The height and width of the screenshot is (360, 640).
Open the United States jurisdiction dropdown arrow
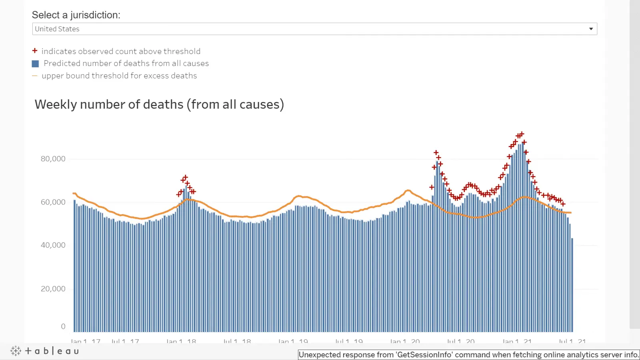tap(591, 29)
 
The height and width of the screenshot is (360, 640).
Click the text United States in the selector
tap(57, 29)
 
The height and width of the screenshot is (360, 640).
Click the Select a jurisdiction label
tap(76, 15)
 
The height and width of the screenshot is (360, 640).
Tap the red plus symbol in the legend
tap(35, 51)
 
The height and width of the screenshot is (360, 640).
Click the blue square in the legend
tap(35, 64)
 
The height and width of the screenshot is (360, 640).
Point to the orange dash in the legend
tap(35, 76)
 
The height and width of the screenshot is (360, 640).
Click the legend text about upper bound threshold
tap(119, 76)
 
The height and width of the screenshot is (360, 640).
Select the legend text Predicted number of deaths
tap(126, 63)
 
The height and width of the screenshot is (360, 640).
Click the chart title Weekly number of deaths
tap(159, 104)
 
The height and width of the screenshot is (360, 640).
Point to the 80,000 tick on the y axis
tap(53, 159)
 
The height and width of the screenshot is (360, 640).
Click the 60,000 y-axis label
tap(53, 202)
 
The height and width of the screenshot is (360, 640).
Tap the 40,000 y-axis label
tap(53, 245)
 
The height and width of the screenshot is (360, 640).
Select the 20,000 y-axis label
tap(53, 289)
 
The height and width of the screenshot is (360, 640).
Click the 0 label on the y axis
tap(63, 326)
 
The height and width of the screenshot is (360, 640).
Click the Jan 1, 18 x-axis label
tap(181, 341)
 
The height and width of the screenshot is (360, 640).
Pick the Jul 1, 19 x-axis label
tap(349, 341)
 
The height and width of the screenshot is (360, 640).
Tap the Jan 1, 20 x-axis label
tap(405, 341)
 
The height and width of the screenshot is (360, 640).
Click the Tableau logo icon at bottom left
tap(16, 351)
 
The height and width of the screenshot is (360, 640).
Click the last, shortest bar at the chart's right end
tap(572, 285)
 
